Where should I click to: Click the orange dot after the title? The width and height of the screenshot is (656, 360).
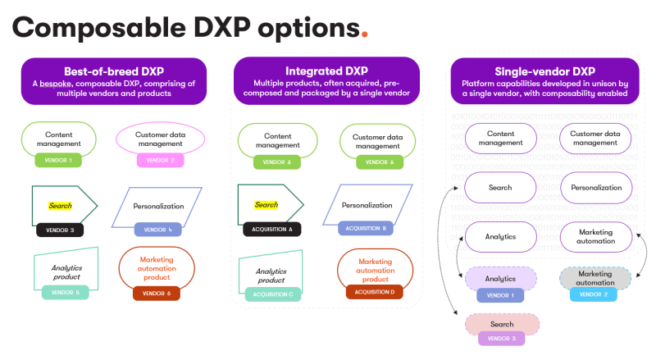click(364, 35)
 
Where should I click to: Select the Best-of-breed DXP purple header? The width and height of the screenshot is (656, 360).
click(114, 81)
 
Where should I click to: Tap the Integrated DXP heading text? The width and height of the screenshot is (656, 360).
click(326, 71)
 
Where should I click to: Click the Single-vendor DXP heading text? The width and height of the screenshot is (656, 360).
click(544, 71)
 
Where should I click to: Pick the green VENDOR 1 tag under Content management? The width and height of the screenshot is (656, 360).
click(59, 160)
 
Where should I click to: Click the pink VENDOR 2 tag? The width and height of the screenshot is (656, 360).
click(161, 160)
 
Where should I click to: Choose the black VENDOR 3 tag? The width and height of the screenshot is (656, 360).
click(61, 230)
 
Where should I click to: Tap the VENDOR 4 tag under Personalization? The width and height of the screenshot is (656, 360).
click(157, 230)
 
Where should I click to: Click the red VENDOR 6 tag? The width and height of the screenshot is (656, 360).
click(156, 293)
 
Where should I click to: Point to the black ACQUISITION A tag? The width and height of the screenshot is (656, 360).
click(272, 230)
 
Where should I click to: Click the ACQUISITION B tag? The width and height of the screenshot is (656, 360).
click(366, 228)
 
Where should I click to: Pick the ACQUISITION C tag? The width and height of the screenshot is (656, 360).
click(272, 294)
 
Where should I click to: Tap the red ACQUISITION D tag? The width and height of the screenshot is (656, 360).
click(376, 291)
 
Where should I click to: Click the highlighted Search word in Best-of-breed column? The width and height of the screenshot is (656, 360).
click(60, 206)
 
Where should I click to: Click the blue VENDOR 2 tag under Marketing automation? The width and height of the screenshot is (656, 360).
click(594, 294)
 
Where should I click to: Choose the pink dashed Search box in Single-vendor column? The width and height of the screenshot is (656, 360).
click(502, 325)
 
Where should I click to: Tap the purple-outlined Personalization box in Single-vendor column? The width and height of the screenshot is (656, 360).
click(596, 188)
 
